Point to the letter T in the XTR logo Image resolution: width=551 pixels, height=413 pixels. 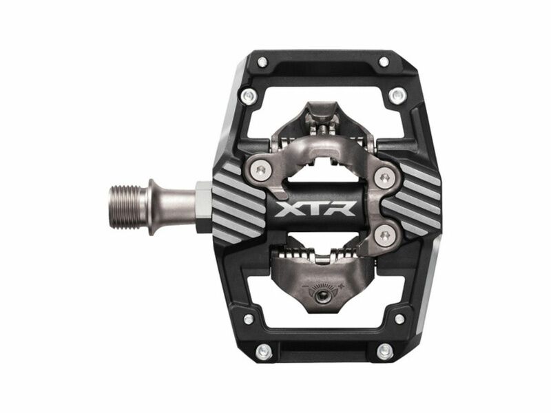click(314, 208)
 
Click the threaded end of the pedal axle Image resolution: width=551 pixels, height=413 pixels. click(128, 207)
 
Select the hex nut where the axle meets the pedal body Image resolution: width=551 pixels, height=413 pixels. click(204, 207)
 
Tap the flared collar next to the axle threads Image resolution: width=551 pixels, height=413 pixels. click(152, 207)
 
